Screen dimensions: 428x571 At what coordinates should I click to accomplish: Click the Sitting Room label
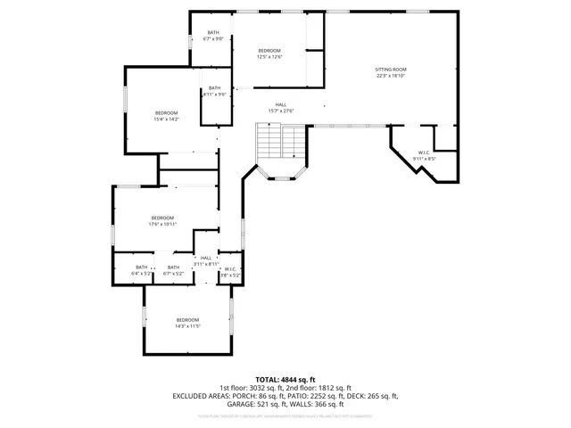coord(390,69)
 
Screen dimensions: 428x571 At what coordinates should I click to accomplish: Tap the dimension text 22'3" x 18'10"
coord(390,75)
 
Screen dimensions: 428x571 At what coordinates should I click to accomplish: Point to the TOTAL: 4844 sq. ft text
coord(285,380)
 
